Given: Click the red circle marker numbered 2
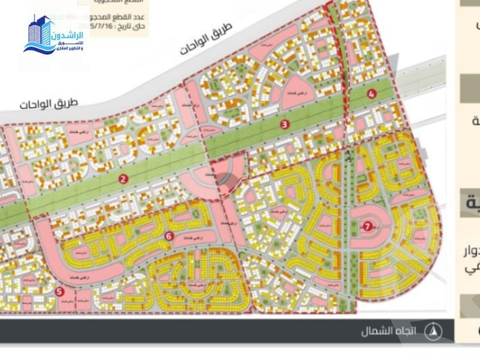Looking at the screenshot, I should (123, 178).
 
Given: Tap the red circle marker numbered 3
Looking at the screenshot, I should (285, 124).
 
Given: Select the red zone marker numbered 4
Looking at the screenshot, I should (372, 93).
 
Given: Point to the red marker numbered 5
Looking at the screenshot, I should (59, 291).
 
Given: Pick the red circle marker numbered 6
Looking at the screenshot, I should (169, 236).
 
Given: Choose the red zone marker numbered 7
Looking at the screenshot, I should (367, 225).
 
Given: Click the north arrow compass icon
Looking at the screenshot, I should (433, 330).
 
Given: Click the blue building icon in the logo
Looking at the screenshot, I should (41, 35).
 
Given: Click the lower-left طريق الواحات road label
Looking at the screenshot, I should (49, 103).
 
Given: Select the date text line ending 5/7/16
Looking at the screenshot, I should (119, 26).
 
